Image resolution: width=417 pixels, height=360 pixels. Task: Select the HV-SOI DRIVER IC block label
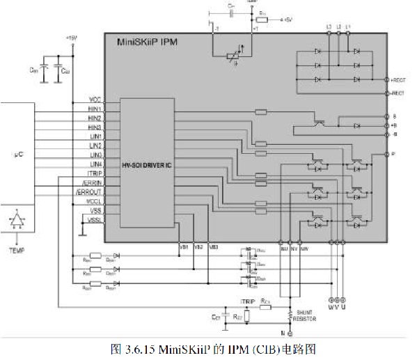pos(145,165)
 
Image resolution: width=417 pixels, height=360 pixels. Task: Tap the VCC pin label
pos(95,100)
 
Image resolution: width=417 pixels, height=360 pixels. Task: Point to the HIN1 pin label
pos(95,109)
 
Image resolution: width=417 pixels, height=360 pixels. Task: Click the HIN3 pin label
pos(95,127)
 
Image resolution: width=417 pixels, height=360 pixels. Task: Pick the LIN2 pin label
pos(95,146)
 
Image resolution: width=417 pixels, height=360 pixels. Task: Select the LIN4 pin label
pos(95,164)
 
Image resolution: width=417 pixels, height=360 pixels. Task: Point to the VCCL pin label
pos(94,200)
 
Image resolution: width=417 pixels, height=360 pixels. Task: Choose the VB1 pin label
pos(184,247)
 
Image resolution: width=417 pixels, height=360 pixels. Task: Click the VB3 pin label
pos(214,247)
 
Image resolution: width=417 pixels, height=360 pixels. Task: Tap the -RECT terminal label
pos(398,93)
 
